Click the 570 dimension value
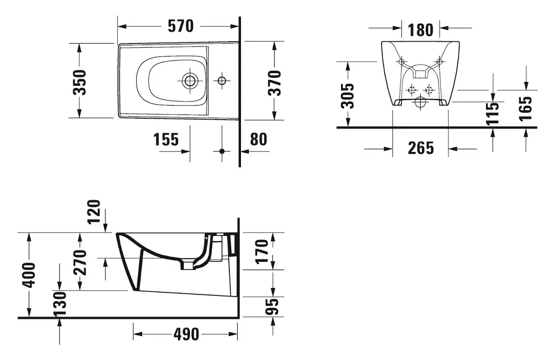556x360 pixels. (x=181, y=26)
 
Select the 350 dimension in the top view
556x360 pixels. (x=80, y=82)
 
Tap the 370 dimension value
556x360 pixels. (x=275, y=82)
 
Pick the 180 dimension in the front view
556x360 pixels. (x=420, y=30)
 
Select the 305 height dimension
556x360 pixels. (x=347, y=95)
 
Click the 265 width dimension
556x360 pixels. (x=421, y=148)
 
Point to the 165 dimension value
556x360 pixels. (x=526, y=108)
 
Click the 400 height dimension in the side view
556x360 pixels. (x=29, y=275)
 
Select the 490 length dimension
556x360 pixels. (x=185, y=334)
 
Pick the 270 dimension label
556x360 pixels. (x=80, y=262)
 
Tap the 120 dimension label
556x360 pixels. (x=94, y=211)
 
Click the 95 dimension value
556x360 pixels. (x=274, y=307)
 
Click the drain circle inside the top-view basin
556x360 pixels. (x=189, y=81)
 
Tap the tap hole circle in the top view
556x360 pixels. (x=222, y=81)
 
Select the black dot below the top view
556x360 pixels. (x=222, y=151)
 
